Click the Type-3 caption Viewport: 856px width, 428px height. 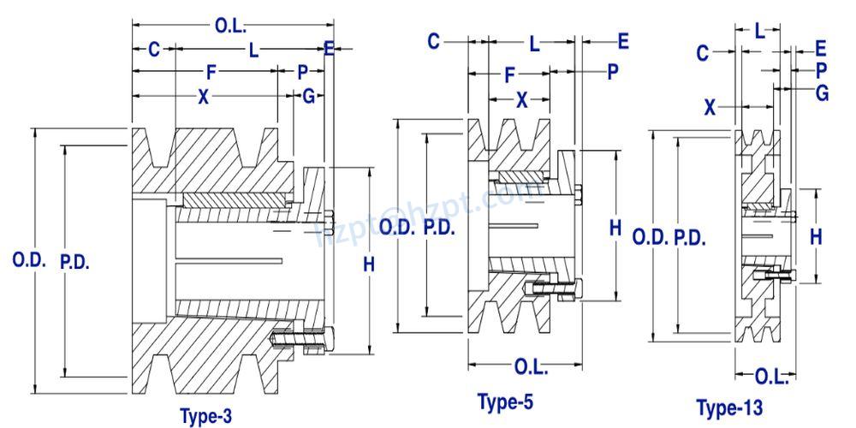point(205,417)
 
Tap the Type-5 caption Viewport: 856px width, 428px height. point(505,401)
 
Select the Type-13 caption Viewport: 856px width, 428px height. point(729,407)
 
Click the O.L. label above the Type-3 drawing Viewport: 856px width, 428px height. point(230,26)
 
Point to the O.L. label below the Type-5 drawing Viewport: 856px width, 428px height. point(532,367)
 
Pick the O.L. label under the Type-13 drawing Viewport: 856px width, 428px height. point(772,376)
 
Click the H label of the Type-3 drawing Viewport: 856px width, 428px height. point(369,265)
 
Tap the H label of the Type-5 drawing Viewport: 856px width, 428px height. point(615,228)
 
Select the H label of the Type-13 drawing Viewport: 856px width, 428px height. point(816,237)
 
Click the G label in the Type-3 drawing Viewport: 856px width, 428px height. point(308,97)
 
